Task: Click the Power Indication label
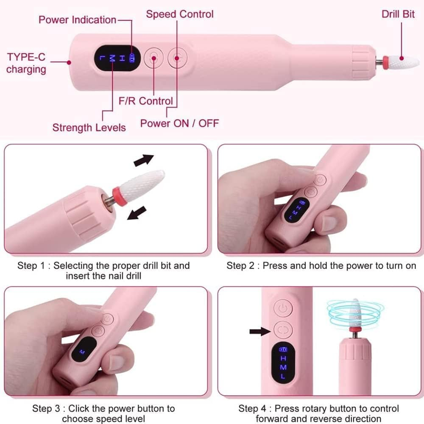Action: coord(77,20)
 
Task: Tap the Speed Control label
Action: coord(180,14)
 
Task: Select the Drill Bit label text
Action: coord(398,14)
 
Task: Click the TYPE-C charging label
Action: coord(26,63)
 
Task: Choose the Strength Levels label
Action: coord(89,127)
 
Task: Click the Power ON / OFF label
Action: coord(179,123)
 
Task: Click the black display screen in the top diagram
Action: coord(114,58)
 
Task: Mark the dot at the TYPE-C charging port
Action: coord(69,62)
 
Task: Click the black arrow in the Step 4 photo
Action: coord(260,331)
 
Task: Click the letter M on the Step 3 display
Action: coord(81,352)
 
